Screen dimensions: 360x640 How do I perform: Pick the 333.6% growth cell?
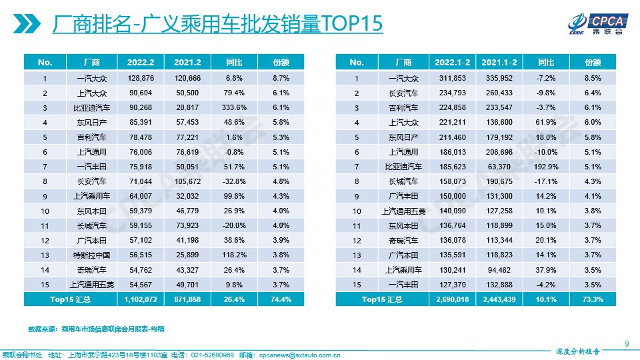(x=234, y=107)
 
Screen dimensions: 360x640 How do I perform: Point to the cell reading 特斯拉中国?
(x=91, y=255)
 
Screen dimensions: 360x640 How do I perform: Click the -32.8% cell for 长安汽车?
(x=234, y=181)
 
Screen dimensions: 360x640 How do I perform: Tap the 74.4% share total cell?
(x=281, y=299)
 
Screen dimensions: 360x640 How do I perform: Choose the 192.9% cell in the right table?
(x=546, y=166)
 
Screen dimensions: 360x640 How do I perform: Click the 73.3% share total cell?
(x=593, y=299)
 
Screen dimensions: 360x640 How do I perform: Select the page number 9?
(x=627, y=343)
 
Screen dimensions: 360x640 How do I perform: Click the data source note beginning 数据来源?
(x=96, y=329)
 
